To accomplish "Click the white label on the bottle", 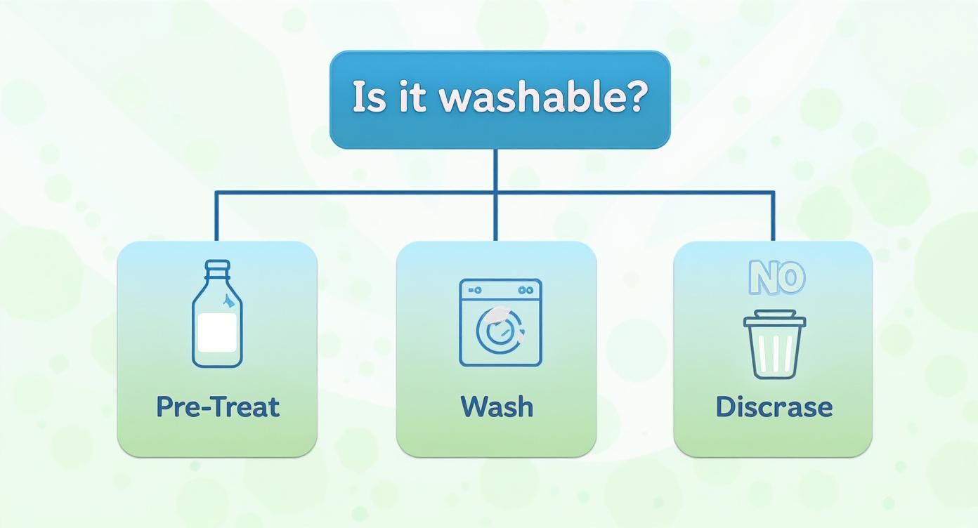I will click(216, 332).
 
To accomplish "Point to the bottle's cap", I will click(217, 268).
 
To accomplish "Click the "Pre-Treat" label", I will click(217, 407).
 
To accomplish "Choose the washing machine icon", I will click(500, 322).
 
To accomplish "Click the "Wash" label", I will click(497, 407).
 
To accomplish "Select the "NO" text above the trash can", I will click(776, 278).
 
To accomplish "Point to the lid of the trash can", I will click(774, 319).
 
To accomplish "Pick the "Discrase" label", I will click(774, 407).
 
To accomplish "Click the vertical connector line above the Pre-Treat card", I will click(216, 216).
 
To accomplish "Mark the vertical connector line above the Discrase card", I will click(774, 216).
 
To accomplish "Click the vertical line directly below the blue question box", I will click(495, 169).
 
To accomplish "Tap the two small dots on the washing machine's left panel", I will click(475, 289).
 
